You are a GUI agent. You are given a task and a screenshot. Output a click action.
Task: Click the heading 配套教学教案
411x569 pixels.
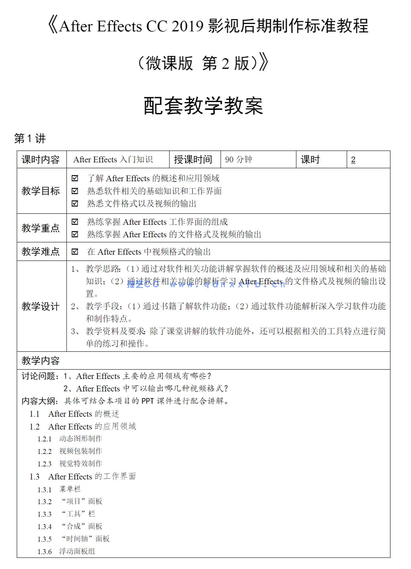click(x=203, y=106)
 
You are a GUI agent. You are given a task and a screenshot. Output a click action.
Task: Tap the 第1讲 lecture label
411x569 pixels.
click(x=30, y=139)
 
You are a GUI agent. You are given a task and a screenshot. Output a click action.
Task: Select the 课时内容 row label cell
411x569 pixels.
click(x=41, y=160)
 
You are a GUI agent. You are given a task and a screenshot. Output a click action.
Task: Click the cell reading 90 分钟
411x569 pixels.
click(x=238, y=160)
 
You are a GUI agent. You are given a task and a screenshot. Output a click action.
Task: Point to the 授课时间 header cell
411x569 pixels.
click(x=193, y=160)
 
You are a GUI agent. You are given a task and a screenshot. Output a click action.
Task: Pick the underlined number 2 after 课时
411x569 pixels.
click(x=353, y=160)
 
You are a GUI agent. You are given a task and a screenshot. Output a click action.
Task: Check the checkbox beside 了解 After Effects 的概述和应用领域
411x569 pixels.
click(x=75, y=178)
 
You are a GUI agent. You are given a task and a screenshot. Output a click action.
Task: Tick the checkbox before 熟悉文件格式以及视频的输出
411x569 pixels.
click(x=75, y=203)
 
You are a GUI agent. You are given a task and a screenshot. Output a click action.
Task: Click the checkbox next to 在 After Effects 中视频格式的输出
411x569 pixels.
click(x=75, y=252)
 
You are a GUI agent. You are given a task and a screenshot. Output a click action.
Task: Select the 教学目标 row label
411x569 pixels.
click(x=41, y=191)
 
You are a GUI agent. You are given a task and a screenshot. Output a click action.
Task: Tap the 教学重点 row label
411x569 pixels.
click(x=41, y=228)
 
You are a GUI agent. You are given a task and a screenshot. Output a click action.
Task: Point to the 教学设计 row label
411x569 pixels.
click(x=41, y=306)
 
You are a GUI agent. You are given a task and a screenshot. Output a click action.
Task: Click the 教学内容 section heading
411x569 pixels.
click(x=41, y=361)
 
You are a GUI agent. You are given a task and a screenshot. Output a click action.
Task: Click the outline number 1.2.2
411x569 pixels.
click(x=45, y=451)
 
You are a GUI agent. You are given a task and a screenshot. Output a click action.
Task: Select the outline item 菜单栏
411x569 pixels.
click(x=70, y=489)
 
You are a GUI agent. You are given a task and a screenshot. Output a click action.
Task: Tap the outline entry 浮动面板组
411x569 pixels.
click(x=77, y=551)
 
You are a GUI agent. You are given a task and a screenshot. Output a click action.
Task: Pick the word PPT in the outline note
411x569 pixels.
click(x=148, y=401)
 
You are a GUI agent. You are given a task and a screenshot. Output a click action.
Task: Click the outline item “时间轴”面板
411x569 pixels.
click(x=85, y=539)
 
